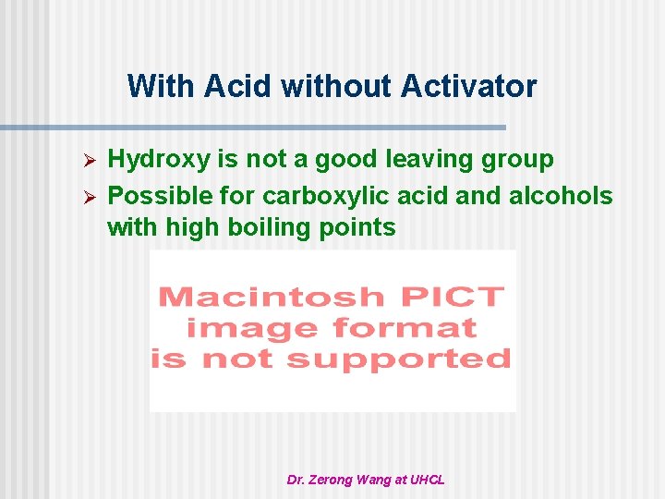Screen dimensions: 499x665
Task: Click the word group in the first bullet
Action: click(x=521, y=160)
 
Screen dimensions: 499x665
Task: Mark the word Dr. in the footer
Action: click(x=297, y=480)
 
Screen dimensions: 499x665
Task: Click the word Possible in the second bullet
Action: click(x=153, y=196)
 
